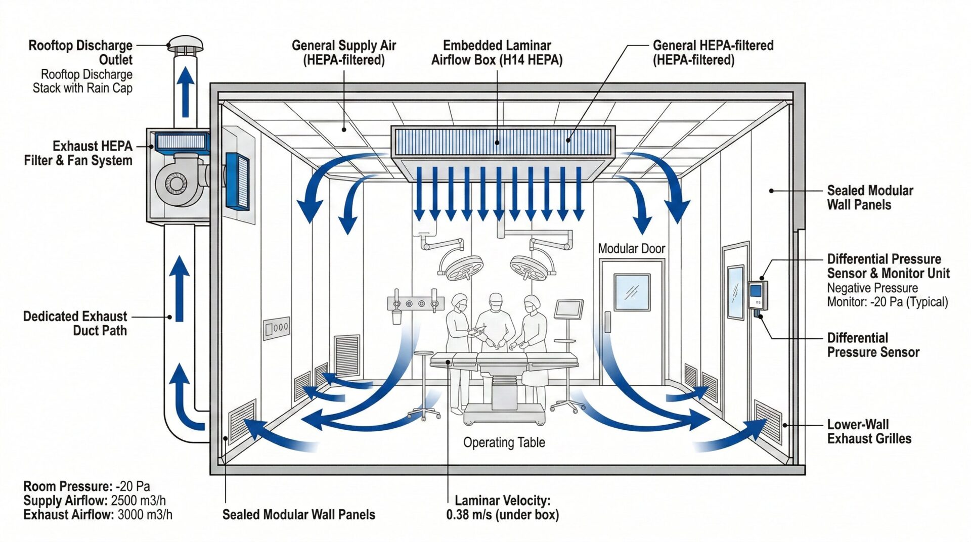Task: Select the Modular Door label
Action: point(631,249)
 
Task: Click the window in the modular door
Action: point(632,292)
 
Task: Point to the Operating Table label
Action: point(504,442)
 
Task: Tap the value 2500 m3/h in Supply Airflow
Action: point(138,501)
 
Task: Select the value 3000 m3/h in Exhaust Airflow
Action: point(145,515)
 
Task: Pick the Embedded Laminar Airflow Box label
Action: point(497,53)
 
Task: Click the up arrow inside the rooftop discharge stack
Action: point(185,91)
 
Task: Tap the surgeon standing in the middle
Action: point(496,324)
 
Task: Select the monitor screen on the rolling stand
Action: point(568,308)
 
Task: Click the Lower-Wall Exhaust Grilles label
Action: point(869,431)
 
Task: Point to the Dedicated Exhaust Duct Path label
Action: point(75,323)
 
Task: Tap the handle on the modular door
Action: point(607,322)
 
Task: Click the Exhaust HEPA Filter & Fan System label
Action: point(78,153)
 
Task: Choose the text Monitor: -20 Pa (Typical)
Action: point(887,302)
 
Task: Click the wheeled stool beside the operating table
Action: point(424,384)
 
